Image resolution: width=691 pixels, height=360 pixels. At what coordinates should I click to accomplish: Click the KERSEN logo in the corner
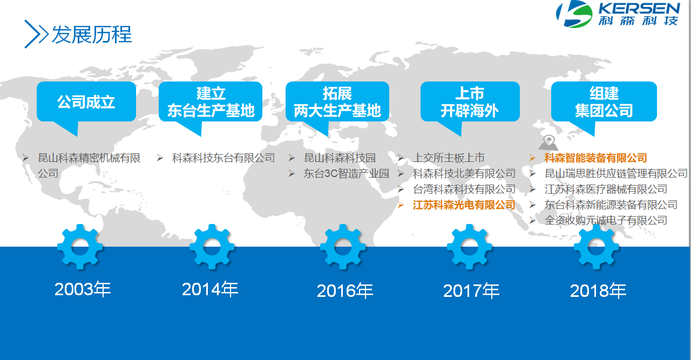618,14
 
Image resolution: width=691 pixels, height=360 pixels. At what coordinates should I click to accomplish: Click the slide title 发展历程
92,34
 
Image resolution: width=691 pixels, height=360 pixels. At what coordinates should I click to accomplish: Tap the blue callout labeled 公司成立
86,102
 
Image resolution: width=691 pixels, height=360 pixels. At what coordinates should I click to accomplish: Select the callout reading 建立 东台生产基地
211,102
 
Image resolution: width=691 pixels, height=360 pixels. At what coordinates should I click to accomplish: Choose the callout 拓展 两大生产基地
337,102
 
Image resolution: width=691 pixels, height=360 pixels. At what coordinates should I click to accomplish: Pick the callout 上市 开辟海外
470,102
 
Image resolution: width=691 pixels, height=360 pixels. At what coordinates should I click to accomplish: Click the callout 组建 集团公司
604,102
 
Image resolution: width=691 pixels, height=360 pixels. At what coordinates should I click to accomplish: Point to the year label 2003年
83,289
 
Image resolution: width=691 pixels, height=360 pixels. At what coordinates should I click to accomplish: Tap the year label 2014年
210,289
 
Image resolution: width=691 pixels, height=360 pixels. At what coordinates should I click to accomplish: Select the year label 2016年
345,291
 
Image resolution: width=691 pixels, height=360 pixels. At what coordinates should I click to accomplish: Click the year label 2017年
471,291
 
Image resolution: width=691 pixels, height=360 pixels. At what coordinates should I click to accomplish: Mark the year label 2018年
598,291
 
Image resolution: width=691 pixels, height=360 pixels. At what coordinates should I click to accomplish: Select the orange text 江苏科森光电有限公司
464,205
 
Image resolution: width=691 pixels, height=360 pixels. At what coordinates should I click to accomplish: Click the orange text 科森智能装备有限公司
595,158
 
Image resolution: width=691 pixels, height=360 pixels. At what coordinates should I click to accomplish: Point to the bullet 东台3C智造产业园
346,173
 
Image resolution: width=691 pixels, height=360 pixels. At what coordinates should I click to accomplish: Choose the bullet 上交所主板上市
449,158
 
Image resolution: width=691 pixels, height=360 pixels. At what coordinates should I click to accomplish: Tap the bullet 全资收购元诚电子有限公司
606,220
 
